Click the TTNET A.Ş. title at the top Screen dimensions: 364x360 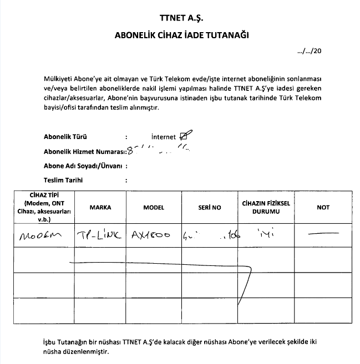(x=181, y=17)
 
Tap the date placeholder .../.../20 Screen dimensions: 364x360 (x=310, y=51)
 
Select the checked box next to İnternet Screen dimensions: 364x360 (x=186, y=136)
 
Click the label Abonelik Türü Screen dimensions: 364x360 (x=65, y=136)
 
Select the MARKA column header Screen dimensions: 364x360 (x=100, y=207)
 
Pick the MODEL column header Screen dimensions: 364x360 (x=154, y=207)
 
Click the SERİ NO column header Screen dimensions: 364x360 (x=209, y=207)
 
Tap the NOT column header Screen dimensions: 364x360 (x=323, y=207)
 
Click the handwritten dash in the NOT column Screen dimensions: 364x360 (x=323, y=234)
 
